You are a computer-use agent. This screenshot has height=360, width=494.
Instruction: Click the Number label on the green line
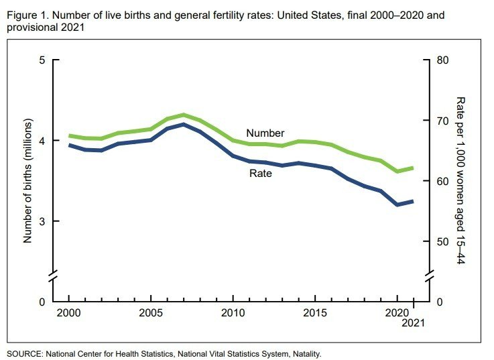265,133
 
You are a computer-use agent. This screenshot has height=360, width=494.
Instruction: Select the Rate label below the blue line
261,174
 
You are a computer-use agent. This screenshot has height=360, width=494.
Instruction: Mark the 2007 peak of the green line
183,115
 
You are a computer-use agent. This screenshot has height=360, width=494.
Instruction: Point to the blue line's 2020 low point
397,204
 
